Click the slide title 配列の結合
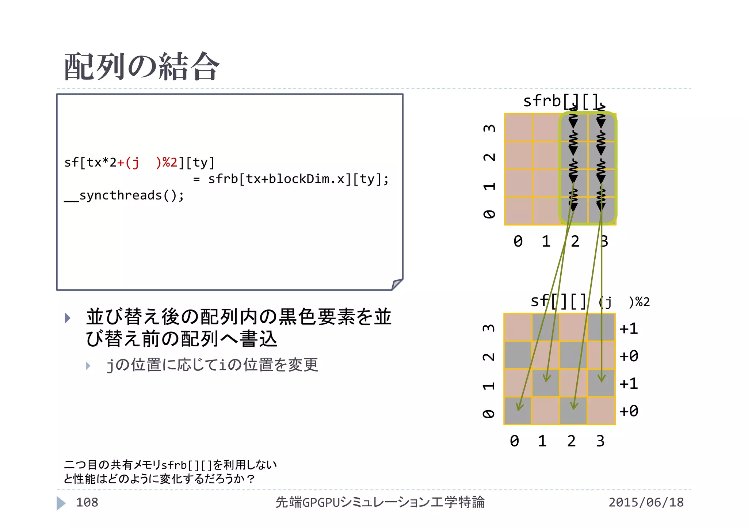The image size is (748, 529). (142, 66)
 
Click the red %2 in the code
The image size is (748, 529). (170, 162)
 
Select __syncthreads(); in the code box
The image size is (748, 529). (124, 195)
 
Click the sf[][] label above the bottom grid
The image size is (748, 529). (558, 301)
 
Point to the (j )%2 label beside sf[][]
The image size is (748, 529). (625, 302)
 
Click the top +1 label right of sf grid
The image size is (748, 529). (629, 329)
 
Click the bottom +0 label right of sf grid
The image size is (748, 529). (629, 411)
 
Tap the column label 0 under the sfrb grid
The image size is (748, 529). (518, 241)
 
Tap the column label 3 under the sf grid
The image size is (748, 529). (600, 441)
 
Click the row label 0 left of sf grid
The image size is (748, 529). (489, 414)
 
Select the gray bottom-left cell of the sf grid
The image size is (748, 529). (518, 411)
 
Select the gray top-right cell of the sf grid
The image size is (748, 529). (601, 327)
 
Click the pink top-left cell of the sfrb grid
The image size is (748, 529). (518, 128)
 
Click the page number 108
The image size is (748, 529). (87, 502)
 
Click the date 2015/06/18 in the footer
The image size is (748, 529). (646, 502)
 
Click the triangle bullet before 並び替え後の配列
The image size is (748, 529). (68, 318)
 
